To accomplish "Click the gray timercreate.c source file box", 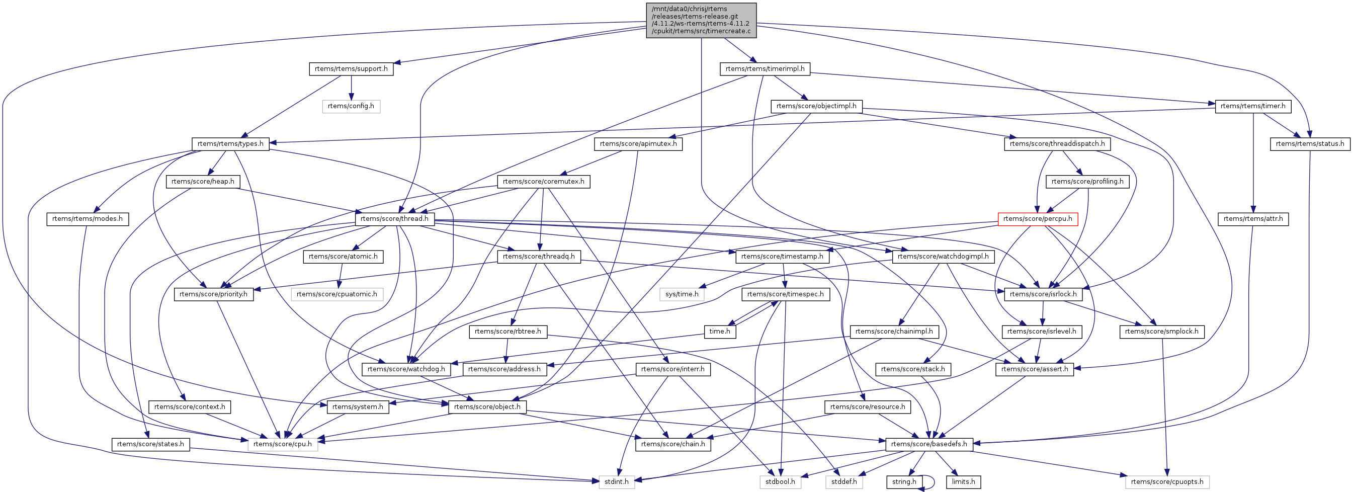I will tap(701, 20).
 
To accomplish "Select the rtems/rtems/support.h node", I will tap(351, 69).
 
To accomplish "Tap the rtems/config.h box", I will tap(351, 106).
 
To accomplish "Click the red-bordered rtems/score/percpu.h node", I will tap(1037, 219).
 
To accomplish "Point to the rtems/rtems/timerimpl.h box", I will tap(765, 69).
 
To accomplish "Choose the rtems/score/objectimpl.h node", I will tap(816, 106).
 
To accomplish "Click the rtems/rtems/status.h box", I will tap(1310, 144).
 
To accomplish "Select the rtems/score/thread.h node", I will tap(394, 219).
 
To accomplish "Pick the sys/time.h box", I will tap(682, 294).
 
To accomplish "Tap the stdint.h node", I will tap(617, 481).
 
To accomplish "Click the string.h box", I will tap(903, 481).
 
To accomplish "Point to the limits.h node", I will tap(963, 481).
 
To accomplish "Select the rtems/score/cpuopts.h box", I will tap(1167, 481).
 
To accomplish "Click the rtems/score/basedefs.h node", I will tap(928, 444).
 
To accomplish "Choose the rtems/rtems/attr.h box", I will tap(1253, 219).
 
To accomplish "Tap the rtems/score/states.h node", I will tap(150, 444).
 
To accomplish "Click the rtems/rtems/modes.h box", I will tap(87, 219).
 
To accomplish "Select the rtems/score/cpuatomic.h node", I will tap(336, 294).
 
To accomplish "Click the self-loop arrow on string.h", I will tap(934, 481).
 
